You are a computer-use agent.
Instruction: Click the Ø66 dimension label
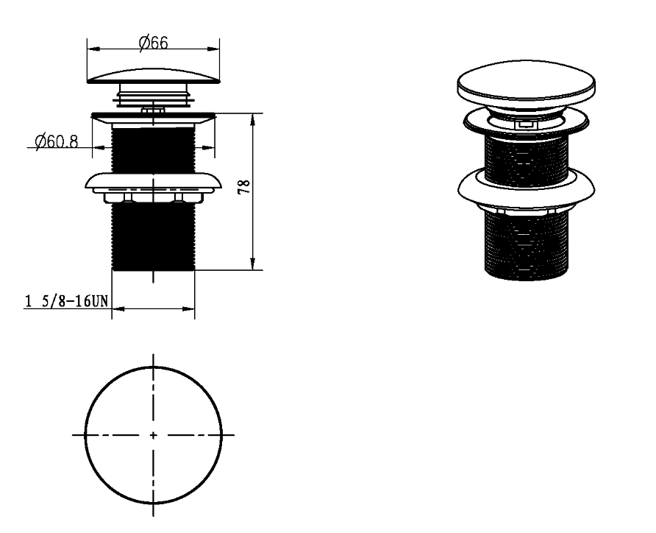pyautogui.click(x=153, y=43)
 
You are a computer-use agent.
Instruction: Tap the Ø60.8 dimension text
pyautogui.click(x=57, y=141)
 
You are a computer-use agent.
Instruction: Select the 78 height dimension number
pyautogui.click(x=244, y=186)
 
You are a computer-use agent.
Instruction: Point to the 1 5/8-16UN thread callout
pyautogui.click(x=67, y=301)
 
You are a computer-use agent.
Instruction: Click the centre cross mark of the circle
pyautogui.click(x=153, y=435)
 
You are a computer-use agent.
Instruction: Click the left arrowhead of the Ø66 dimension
pyautogui.click(x=93, y=49)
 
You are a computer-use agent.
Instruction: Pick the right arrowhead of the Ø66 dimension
pyautogui.click(x=213, y=49)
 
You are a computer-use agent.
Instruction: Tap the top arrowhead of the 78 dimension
pyautogui.click(x=252, y=120)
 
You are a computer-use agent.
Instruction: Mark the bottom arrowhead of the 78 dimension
pyautogui.click(x=252, y=264)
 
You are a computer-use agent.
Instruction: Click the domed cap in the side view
pyautogui.click(x=153, y=77)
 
